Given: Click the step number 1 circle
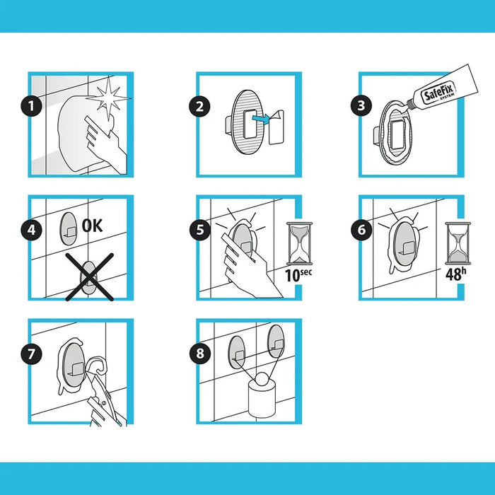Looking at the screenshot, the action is coord(32,106).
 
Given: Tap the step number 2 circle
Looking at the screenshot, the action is coord(199,106).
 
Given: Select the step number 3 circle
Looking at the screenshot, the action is coord(361,105).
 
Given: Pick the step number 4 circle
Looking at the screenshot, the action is coord(32,230).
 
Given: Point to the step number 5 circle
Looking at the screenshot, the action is coord(200,230).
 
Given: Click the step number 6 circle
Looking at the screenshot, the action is coord(361,230).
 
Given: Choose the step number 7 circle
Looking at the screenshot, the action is coord(31,354).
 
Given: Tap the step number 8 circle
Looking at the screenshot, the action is coord(200,353).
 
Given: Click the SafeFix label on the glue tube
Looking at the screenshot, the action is coord(438,91).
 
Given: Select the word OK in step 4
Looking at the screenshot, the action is coord(92,226).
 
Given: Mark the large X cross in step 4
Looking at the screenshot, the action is coord(89,276).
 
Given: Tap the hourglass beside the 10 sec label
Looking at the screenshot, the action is coord(299,243).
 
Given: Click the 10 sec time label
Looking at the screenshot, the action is coord(298,275).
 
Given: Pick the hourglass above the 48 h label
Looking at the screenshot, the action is coord(458,243).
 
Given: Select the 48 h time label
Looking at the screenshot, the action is coord(455,274).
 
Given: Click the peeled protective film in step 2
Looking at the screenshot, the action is coord(276,127).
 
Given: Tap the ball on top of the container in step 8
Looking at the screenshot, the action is coord(262,379).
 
